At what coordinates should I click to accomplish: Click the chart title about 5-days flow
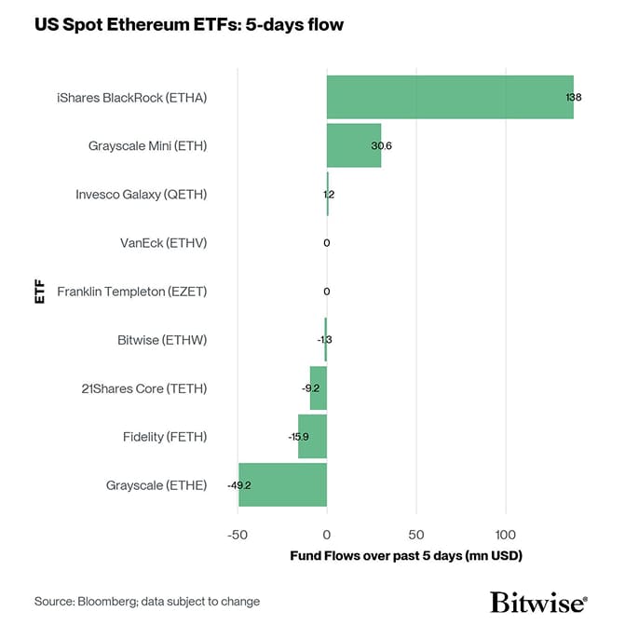tap(189, 25)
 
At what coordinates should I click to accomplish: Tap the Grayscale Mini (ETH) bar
tap(354, 145)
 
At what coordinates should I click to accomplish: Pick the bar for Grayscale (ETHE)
tap(282, 484)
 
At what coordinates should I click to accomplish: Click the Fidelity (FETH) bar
tap(312, 437)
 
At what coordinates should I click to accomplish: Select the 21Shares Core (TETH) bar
tap(319, 388)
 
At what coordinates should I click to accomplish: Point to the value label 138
tap(574, 97)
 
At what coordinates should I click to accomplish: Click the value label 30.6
tap(381, 146)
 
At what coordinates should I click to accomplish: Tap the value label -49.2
tap(239, 485)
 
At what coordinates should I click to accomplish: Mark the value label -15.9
tap(298, 437)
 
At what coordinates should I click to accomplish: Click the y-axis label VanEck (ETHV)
tap(163, 243)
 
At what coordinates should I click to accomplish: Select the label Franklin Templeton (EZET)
tap(131, 292)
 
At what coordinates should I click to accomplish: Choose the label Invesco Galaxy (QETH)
tap(141, 195)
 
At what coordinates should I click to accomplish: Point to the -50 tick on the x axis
tap(238, 535)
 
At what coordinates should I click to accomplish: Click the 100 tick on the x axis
tap(505, 535)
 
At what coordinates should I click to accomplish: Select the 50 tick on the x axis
tap(415, 535)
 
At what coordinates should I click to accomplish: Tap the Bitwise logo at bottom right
tap(538, 601)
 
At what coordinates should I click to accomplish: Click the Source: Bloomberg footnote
tap(147, 602)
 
